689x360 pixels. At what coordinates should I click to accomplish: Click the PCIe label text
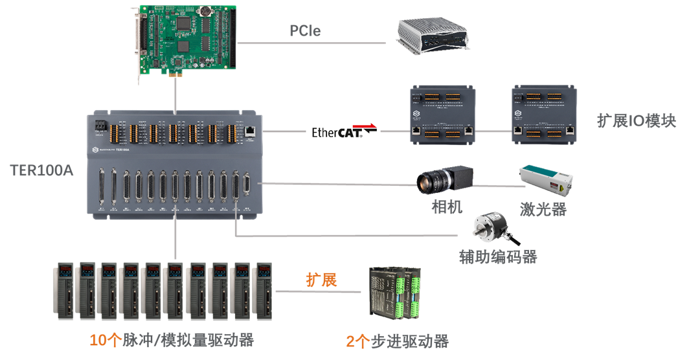304,30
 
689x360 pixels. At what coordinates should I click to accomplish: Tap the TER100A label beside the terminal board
42,171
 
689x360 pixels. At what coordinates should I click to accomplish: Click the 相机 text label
447,207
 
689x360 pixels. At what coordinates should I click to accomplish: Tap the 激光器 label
543,209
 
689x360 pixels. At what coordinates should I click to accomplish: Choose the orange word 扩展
321,280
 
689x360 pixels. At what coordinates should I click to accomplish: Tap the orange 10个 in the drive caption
106,340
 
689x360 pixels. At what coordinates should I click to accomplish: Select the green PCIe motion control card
188,39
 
